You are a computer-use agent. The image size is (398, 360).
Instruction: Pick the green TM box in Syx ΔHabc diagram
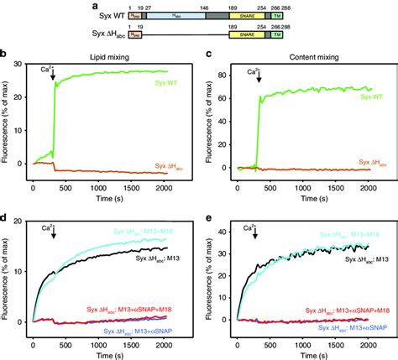277,37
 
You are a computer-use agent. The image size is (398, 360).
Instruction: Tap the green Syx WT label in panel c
359,97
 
